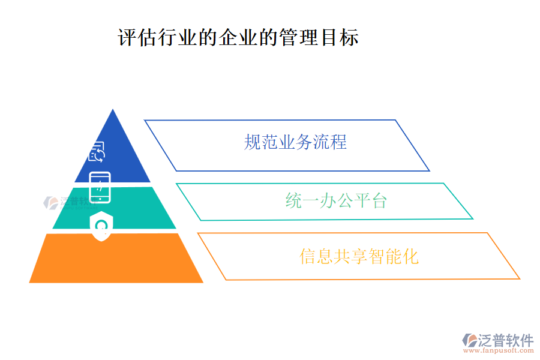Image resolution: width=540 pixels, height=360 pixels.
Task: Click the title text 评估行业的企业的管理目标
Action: point(238,38)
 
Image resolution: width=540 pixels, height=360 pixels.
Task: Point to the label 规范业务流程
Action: point(295,142)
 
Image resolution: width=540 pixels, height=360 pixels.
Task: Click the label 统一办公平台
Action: point(336,200)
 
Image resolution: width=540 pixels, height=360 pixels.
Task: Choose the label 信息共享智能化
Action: point(359,256)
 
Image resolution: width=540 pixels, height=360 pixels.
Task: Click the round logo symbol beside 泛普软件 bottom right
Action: point(469,340)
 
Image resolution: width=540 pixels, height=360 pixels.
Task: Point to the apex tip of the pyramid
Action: point(113,111)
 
